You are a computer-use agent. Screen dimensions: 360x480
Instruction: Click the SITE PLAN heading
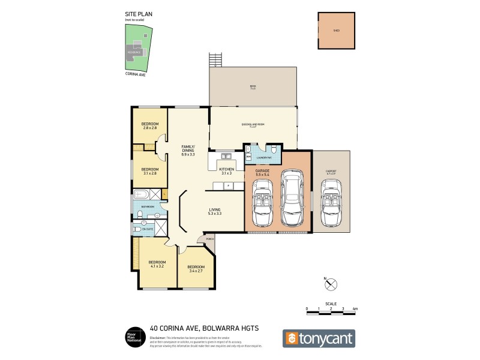[x=134, y=14]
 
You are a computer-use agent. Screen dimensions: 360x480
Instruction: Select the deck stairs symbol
[x=215, y=61]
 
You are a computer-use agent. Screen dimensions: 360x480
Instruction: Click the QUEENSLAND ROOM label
[x=253, y=125]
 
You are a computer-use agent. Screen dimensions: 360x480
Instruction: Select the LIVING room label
[x=214, y=211]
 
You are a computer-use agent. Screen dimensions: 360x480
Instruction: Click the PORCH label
[x=209, y=239]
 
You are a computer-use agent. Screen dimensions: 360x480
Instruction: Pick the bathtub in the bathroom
[x=142, y=194]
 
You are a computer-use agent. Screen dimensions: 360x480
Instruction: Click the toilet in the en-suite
[x=137, y=228]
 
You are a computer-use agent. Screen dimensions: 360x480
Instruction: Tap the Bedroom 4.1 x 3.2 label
[x=157, y=264]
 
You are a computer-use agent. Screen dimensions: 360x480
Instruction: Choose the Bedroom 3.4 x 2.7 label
[x=196, y=269]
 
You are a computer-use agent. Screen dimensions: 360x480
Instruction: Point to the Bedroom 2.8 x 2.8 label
[x=149, y=126]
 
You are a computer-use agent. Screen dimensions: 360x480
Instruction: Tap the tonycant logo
[x=319, y=338]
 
